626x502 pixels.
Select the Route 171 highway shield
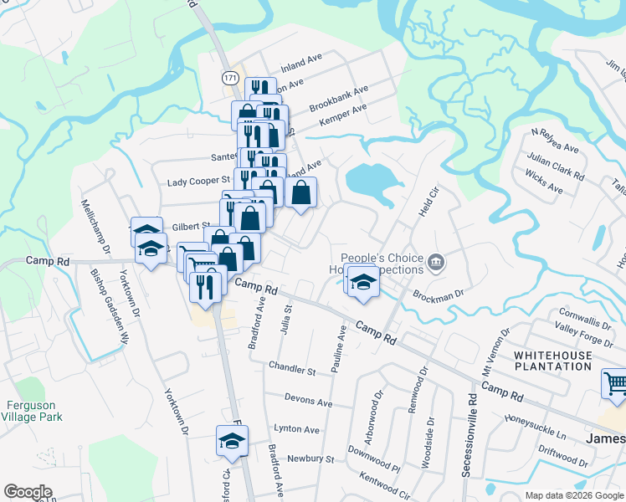click(229, 77)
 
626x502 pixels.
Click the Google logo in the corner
click(28, 492)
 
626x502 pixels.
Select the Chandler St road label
click(292, 368)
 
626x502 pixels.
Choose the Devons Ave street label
click(308, 402)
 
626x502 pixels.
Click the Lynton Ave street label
click(296, 429)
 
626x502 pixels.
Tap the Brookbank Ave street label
click(339, 100)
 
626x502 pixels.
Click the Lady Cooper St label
click(198, 181)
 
